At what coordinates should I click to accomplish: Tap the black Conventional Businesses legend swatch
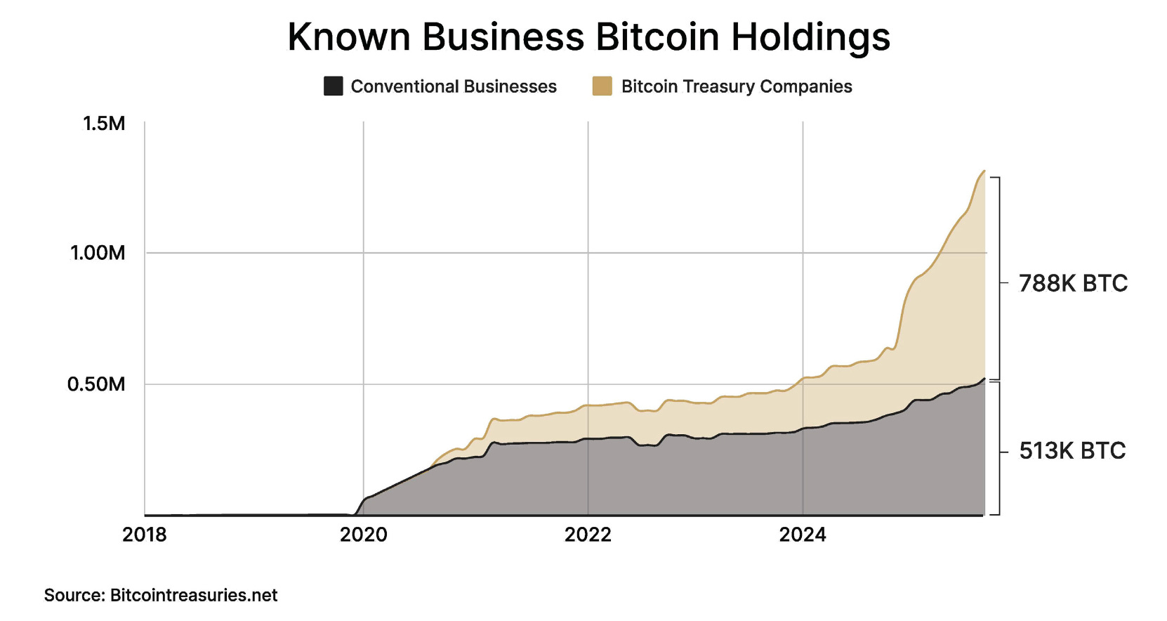click(x=333, y=86)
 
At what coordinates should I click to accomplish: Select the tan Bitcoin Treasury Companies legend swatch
click(x=602, y=86)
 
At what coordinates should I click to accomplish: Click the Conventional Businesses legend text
click(x=454, y=86)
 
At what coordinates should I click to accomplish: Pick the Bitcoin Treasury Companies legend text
click(x=737, y=86)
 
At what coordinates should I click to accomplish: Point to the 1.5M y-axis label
click(x=104, y=124)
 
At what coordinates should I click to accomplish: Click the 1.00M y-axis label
click(x=98, y=253)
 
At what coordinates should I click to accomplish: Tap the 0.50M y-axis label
click(x=96, y=384)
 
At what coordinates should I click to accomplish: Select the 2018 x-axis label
click(x=145, y=535)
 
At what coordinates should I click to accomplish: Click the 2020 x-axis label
click(x=364, y=535)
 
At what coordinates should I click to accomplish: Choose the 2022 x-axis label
click(x=588, y=535)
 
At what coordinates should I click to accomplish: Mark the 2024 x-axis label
click(x=803, y=535)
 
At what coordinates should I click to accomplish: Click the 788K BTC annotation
click(x=1073, y=283)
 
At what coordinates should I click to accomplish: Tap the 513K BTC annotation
click(x=1072, y=450)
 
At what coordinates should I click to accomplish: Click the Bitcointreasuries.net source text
click(x=194, y=595)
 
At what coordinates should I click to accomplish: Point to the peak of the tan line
click(x=984, y=171)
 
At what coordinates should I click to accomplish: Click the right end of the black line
click(x=984, y=379)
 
